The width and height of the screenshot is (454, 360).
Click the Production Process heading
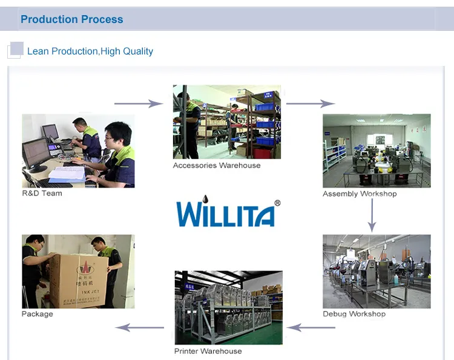(x=71, y=19)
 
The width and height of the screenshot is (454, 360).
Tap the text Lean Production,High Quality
(x=90, y=51)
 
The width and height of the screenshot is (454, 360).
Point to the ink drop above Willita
(x=206, y=199)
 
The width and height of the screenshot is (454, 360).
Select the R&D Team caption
(x=42, y=194)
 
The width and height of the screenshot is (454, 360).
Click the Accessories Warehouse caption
(x=217, y=166)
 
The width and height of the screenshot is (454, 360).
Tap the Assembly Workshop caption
(x=360, y=194)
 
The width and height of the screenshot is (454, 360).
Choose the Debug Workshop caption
(x=354, y=314)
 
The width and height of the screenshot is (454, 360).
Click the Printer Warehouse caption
(x=208, y=352)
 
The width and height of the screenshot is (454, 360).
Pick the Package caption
(x=38, y=314)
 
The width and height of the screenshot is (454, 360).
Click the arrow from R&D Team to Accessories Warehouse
(x=139, y=103)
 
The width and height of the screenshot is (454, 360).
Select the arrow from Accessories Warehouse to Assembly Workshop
(x=311, y=103)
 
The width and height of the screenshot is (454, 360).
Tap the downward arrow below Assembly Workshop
(x=372, y=215)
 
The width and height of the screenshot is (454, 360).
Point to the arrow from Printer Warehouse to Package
(x=140, y=327)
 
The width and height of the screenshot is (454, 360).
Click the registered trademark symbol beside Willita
(x=277, y=204)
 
